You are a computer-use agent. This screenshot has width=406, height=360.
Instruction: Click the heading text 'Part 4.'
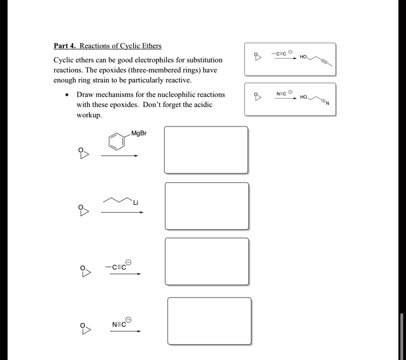pos(65,46)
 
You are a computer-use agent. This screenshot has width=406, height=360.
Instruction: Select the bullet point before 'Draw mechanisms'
pos(69,95)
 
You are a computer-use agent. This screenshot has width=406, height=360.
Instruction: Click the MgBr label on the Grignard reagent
pos(139,133)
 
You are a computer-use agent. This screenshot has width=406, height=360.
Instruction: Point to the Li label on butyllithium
pos(136,203)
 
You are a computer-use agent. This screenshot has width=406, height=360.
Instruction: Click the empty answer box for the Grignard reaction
pos(206,150)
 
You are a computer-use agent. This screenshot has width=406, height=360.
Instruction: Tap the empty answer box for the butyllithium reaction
pos(207,206)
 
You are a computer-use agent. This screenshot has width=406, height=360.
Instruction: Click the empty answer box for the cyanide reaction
pos(209,321)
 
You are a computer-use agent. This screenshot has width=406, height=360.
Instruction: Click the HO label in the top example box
pos(303,57)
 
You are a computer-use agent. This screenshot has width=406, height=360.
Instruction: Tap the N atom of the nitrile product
pos(327,104)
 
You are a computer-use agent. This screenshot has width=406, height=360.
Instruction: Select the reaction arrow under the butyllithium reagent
pos(122,212)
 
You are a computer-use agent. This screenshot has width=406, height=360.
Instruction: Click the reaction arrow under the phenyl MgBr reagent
pos(119,156)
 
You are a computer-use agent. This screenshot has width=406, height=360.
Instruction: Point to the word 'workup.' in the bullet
pos(89,115)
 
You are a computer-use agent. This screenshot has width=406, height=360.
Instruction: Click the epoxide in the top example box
pos(258,57)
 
